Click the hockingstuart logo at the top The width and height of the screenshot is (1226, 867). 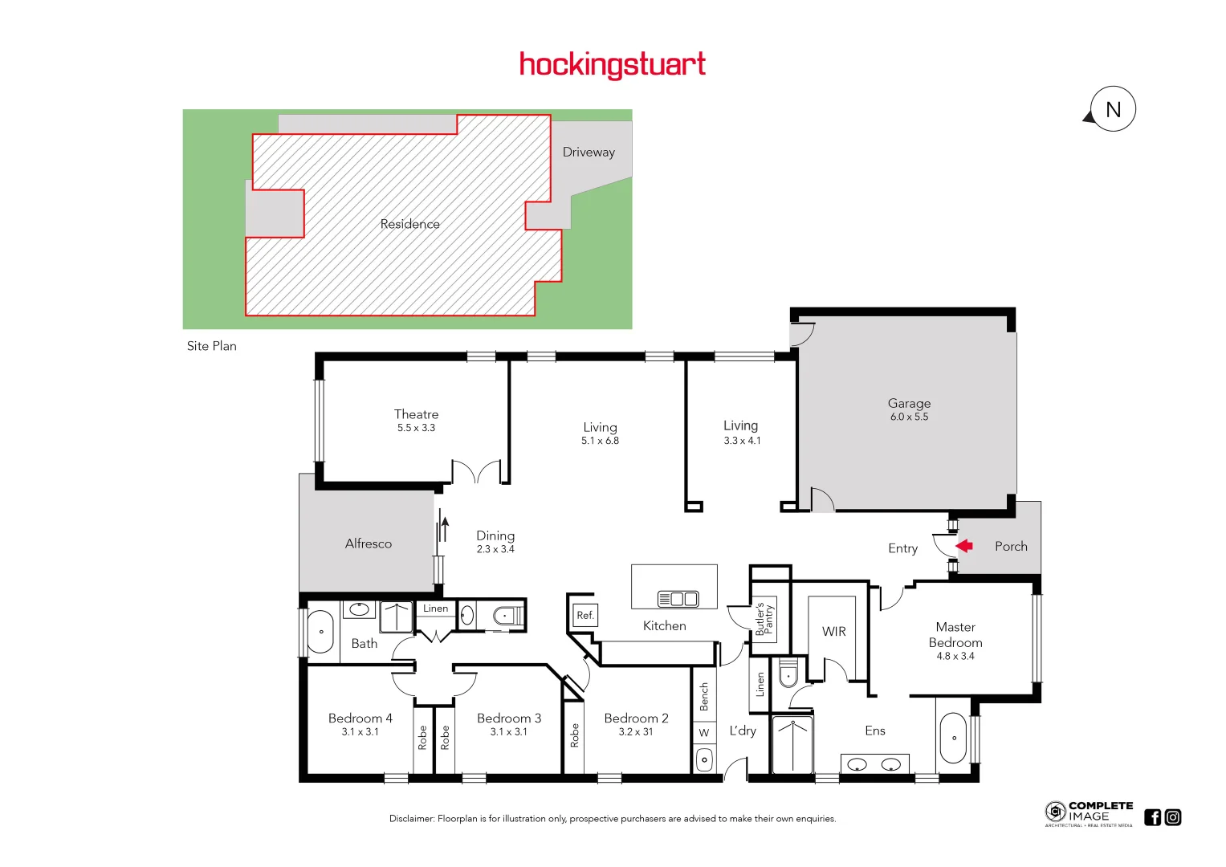pos(613,64)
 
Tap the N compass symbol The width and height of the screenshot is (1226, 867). pos(1113,109)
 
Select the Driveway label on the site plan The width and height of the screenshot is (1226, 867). pos(589,152)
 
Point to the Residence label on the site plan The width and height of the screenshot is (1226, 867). pos(409,224)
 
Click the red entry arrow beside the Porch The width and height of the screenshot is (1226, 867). pos(964,546)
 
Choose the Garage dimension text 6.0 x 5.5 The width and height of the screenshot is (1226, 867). pos(909,417)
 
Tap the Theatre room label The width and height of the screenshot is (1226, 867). pos(416,414)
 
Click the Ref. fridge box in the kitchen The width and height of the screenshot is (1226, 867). pos(585,616)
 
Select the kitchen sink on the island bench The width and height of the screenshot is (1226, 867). pos(678,599)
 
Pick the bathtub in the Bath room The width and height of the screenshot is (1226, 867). pos(320,632)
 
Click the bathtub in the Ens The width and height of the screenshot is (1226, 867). pos(954,738)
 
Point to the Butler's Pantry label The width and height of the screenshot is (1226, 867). pos(764,620)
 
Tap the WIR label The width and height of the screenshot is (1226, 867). pos(833,632)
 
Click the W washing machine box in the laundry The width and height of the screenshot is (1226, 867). pos(704,733)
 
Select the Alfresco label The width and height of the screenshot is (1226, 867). pos(369,543)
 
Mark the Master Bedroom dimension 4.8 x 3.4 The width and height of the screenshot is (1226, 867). pos(955,656)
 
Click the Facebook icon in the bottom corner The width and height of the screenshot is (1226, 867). pos(1153,817)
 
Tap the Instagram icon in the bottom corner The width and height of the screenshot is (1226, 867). pos(1173,817)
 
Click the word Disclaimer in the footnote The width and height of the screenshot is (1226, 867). pos(411,819)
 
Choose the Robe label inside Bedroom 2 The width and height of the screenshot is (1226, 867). pos(574,735)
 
